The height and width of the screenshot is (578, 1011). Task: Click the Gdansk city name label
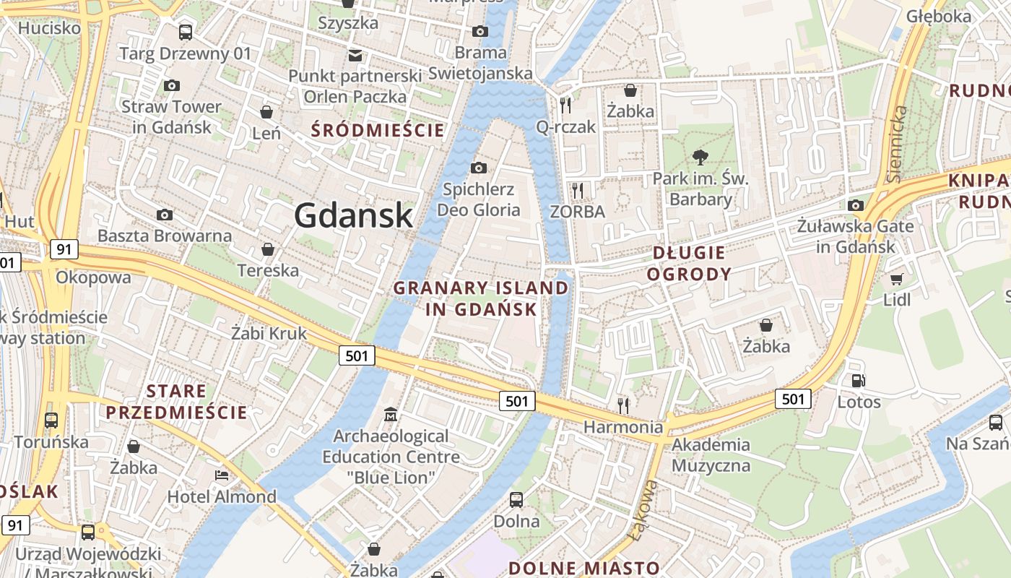pyautogui.click(x=353, y=215)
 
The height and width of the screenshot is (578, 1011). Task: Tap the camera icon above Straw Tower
pyautogui.click(x=171, y=85)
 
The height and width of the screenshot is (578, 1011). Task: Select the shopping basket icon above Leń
pyautogui.click(x=266, y=112)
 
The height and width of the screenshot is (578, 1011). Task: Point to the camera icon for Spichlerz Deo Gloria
pyautogui.click(x=478, y=168)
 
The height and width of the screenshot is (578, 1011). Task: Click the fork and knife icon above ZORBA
pyautogui.click(x=577, y=190)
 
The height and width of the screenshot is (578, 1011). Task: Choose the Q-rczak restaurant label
pyautogui.click(x=565, y=127)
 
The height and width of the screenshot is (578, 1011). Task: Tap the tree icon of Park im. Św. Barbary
pyautogui.click(x=699, y=157)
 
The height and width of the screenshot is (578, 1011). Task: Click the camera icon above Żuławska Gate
pyautogui.click(x=856, y=205)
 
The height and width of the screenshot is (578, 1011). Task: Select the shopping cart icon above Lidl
pyautogui.click(x=896, y=279)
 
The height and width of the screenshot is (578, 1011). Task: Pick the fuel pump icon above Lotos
pyautogui.click(x=859, y=380)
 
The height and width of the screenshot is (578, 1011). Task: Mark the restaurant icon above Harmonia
pyautogui.click(x=623, y=405)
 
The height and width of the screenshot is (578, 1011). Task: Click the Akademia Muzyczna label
pyautogui.click(x=711, y=454)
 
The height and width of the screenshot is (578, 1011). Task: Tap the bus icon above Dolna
pyautogui.click(x=516, y=499)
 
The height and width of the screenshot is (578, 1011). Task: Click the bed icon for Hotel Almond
pyautogui.click(x=222, y=475)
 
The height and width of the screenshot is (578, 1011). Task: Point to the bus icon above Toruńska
pyautogui.click(x=51, y=420)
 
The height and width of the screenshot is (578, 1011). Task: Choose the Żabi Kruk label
pyautogui.click(x=269, y=333)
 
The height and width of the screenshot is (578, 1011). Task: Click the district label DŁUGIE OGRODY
pyautogui.click(x=688, y=263)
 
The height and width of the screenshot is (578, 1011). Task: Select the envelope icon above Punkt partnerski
pyautogui.click(x=355, y=55)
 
